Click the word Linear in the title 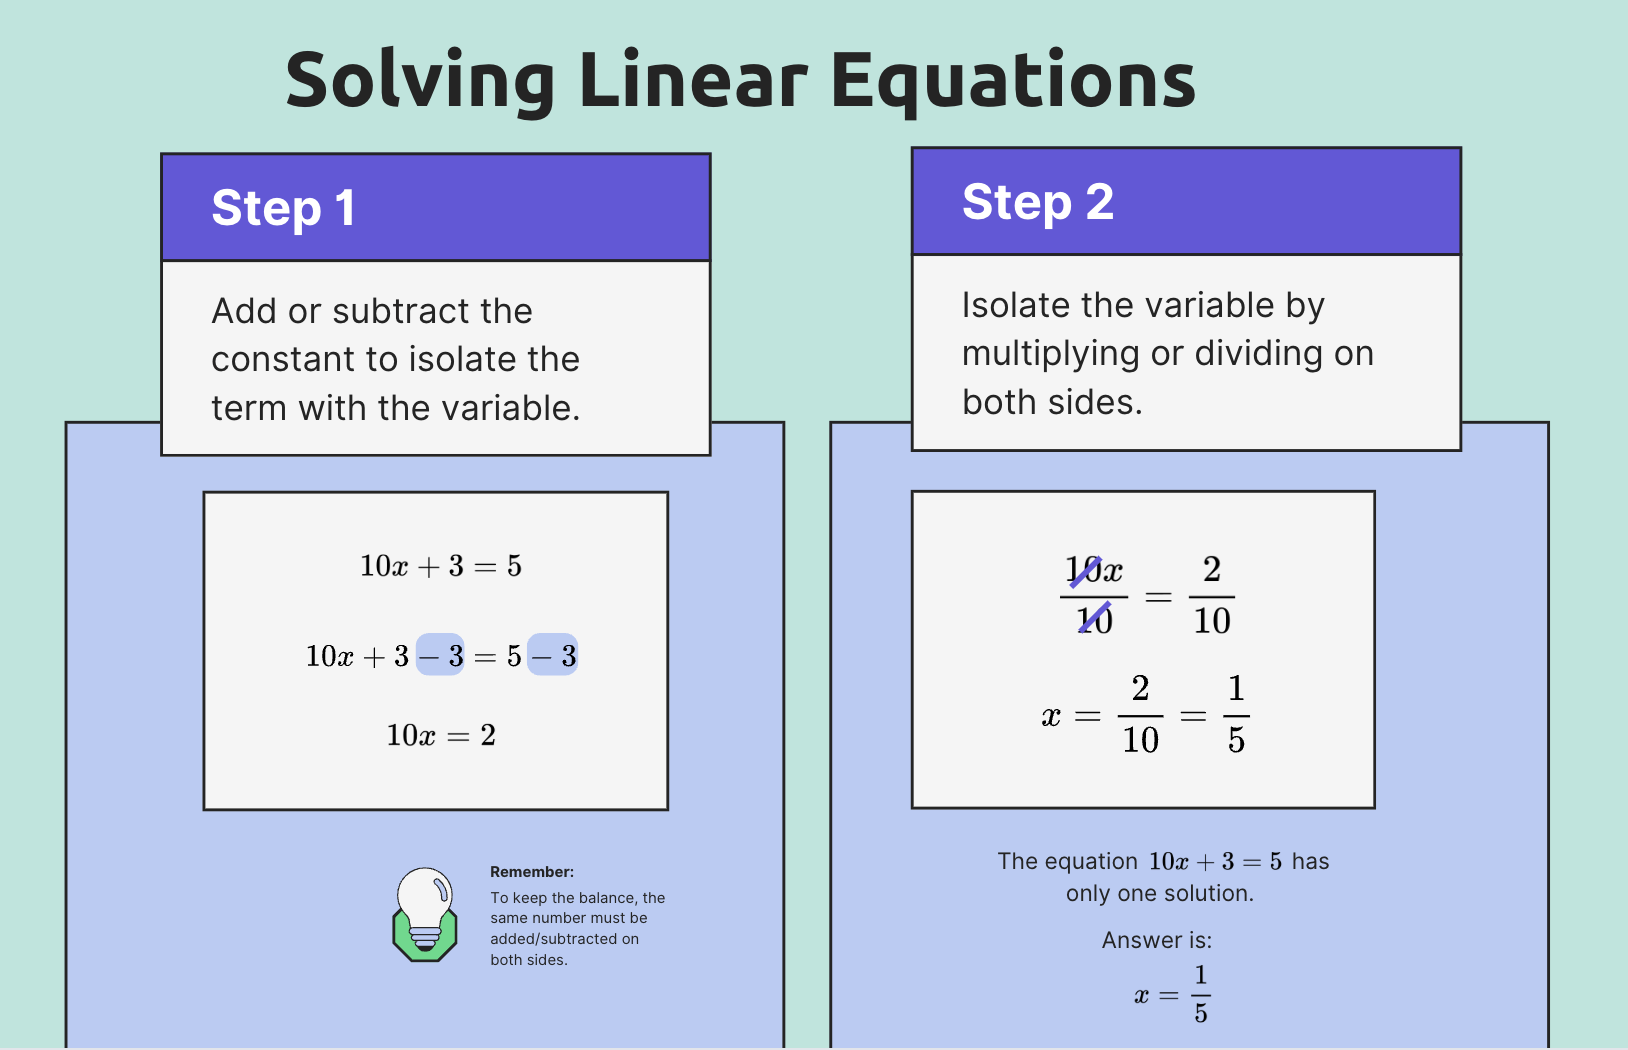[x=692, y=80]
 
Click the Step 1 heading [x=283, y=208]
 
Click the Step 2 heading [x=1037, y=202]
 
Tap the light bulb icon [x=425, y=913]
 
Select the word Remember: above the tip [x=532, y=872]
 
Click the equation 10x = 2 [x=441, y=736]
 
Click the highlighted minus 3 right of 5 [x=553, y=656]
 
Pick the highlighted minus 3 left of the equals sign [x=440, y=656]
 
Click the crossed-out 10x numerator [x=1093, y=571]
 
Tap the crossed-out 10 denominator [x=1095, y=621]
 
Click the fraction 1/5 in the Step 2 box [x=1236, y=714]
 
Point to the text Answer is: [x=1157, y=940]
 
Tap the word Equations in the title [x=1013, y=80]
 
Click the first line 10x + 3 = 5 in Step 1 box [x=441, y=566]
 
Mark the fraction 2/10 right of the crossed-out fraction [x=1212, y=596]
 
